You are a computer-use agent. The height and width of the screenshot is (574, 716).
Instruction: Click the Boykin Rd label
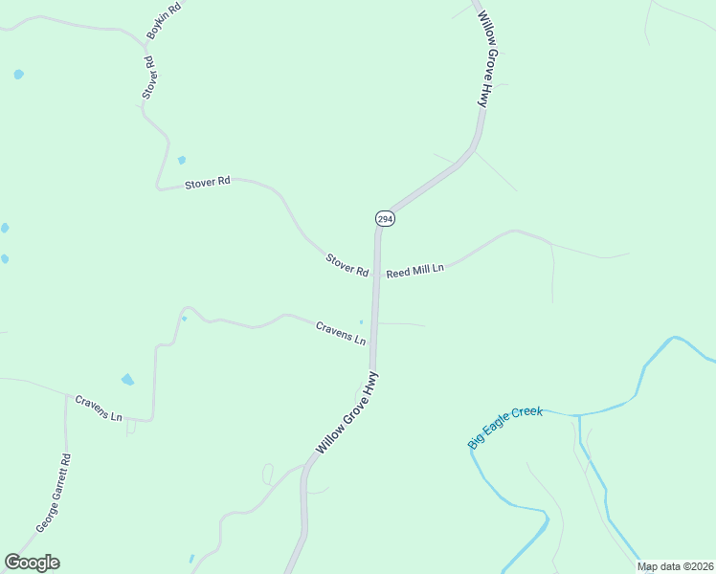pos(163,22)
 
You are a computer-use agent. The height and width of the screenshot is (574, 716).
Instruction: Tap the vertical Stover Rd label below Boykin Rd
pos(149,77)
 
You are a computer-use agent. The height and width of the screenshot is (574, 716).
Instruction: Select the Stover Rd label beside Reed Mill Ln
pos(347,265)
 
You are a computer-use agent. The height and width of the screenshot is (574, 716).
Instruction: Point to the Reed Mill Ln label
pos(415,271)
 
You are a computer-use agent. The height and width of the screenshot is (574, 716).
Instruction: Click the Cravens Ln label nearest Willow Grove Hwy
pos(341,333)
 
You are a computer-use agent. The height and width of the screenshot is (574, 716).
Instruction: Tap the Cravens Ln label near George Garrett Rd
pos(99,408)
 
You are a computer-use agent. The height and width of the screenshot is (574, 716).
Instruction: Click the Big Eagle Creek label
pos(504,427)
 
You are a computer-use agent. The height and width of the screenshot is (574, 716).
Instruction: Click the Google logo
pos(32,563)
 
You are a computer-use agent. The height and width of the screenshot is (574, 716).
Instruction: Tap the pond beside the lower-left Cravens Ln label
pos(127,380)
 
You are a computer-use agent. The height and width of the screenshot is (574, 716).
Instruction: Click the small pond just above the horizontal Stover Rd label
pos(182,160)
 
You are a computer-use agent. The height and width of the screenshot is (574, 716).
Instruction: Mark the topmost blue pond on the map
pos(18,74)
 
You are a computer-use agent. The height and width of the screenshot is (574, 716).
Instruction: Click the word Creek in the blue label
pos(526,413)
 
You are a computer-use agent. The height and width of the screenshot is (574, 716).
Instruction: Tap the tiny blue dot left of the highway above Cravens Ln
pos(361,321)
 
